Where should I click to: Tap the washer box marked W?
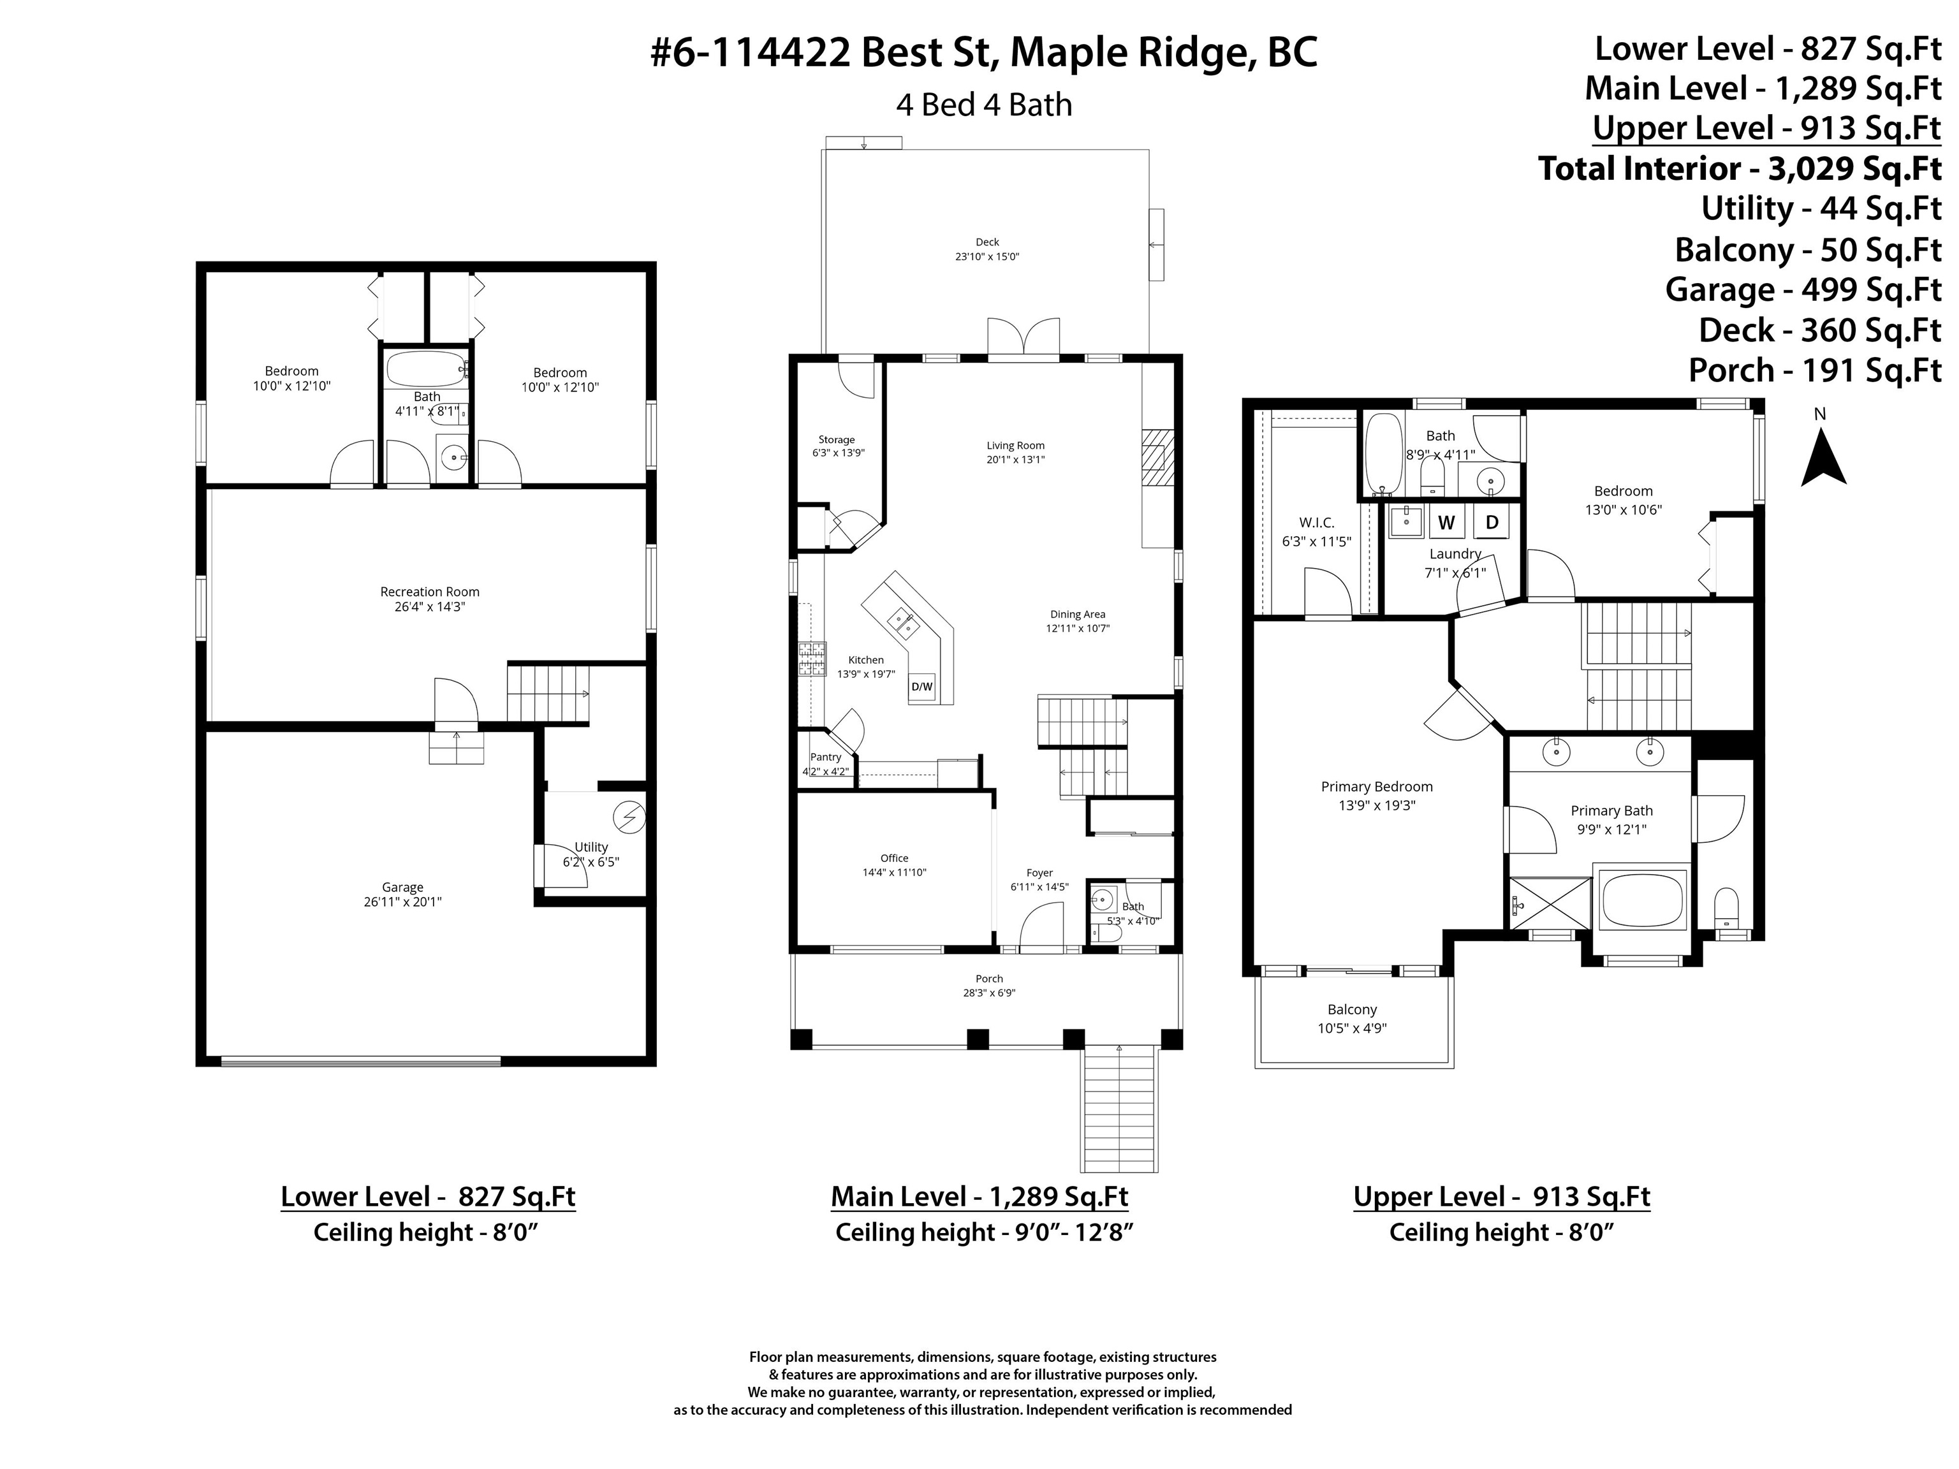click(x=1446, y=522)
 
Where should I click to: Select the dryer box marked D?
click(x=1492, y=522)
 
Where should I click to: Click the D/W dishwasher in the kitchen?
click(x=922, y=686)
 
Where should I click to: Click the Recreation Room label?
click(x=430, y=592)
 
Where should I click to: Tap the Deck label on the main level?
click(x=987, y=242)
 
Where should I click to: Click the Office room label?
click(x=895, y=858)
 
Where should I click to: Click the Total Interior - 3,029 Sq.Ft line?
click(x=1740, y=168)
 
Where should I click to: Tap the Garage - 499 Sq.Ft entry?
click(x=1803, y=289)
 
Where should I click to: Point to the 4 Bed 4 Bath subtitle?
click(x=984, y=105)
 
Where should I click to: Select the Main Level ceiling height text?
click(x=984, y=1232)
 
